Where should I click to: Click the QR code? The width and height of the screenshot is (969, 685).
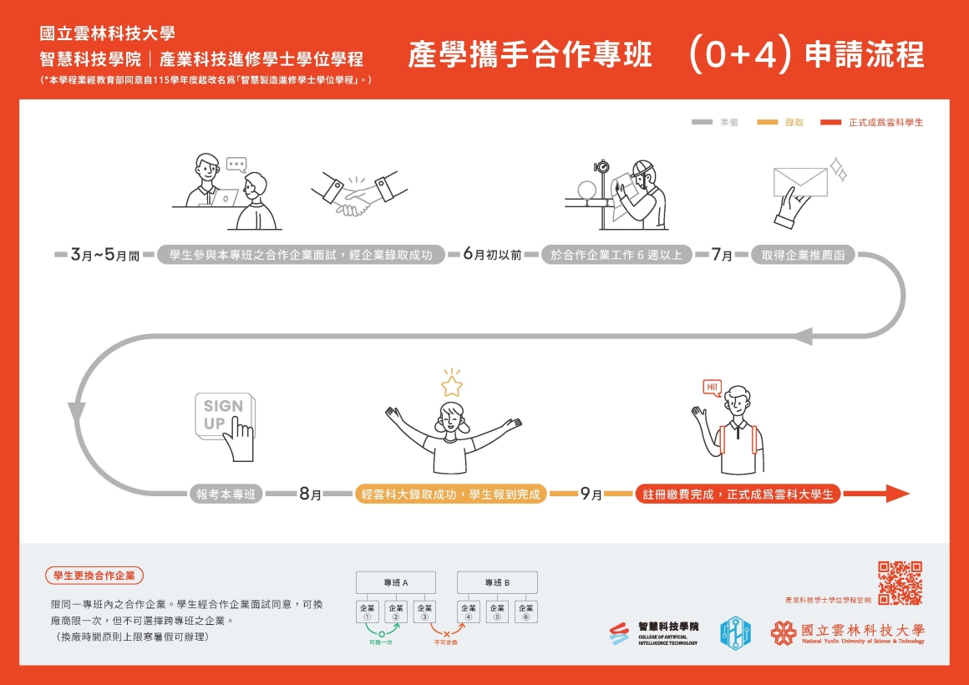pyautogui.click(x=900, y=583)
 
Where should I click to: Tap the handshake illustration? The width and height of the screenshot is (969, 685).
pyautogui.click(x=354, y=195)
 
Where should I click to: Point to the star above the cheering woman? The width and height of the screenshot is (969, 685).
pyautogui.click(x=452, y=385)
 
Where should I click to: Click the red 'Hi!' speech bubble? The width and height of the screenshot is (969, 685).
pyautogui.click(x=712, y=388)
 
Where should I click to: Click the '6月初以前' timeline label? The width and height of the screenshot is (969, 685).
pyautogui.click(x=492, y=255)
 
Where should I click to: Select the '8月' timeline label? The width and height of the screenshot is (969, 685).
pyautogui.click(x=310, y=495)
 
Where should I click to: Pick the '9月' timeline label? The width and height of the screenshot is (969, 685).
pyautogui.click(x=591, y=495)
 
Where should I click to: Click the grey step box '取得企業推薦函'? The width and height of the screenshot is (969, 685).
pyautogui.click(x=803, y=255)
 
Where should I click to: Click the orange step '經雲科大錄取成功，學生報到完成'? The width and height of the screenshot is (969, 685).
pyautogui.click(x=451, y=495)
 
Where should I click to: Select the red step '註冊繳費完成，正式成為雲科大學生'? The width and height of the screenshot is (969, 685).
pyautogui.click(x=738, y=495)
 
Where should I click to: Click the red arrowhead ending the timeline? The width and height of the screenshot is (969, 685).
pyautogui.click(x=897, y=494)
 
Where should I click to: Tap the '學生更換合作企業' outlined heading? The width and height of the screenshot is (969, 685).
pyautogui.click(x=94, y=576)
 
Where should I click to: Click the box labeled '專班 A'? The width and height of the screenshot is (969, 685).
pyautogui.click(x=396, y=582)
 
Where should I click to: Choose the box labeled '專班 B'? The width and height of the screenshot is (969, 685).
pyautogui.click(x=497, y=582)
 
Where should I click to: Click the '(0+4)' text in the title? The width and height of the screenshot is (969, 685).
pyautogui.click(x=739, y=55)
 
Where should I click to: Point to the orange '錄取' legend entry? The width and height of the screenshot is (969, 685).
pyautogui.click(x=780, y=123)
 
